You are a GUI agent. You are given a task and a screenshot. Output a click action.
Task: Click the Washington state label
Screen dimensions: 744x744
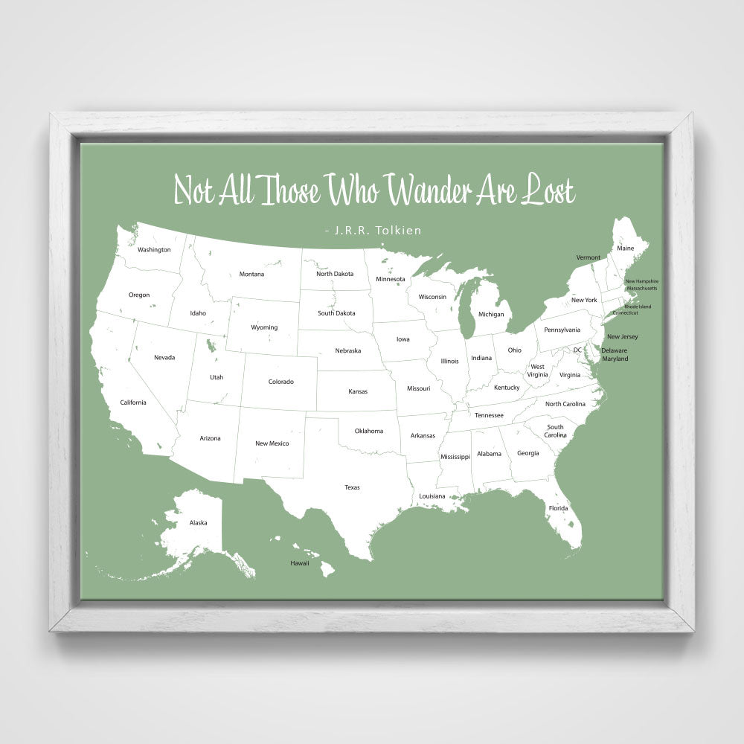tap(154, 250)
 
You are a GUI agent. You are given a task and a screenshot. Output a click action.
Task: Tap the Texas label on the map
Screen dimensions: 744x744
tap(352, 487)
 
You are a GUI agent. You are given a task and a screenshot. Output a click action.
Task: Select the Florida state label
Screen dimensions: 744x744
tap(558, 508)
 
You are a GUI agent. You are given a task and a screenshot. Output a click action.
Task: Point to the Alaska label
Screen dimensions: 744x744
tap(198, 523)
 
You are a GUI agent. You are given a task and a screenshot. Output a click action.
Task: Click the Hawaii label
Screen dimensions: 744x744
tap(299, 563)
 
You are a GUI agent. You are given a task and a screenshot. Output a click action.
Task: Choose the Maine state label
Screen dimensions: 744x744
tap(626, 248)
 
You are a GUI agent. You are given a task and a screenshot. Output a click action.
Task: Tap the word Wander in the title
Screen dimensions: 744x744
tap(429, 190)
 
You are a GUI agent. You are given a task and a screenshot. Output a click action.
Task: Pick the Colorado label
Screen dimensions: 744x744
tap(280, 382)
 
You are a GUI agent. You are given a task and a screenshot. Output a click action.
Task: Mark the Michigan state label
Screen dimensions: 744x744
tap(491, 314)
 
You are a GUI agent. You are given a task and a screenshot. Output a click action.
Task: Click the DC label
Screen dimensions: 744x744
tap(577, 350)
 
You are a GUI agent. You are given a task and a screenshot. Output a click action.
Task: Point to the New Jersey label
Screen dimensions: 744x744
tap(622, 337)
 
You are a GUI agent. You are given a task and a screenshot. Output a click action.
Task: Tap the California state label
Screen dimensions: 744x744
tap(133, 403)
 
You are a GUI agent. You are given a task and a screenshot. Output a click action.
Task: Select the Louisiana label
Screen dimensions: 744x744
tap(432, 496)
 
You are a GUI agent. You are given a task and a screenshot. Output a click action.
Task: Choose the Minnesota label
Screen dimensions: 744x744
tap(390, 280)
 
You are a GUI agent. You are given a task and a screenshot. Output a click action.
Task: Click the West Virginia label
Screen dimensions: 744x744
tap(537, 371)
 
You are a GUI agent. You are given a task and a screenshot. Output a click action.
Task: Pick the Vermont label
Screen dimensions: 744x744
tap(588, 257)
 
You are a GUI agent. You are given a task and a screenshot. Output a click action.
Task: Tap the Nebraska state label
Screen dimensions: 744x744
tap(347, 350)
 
